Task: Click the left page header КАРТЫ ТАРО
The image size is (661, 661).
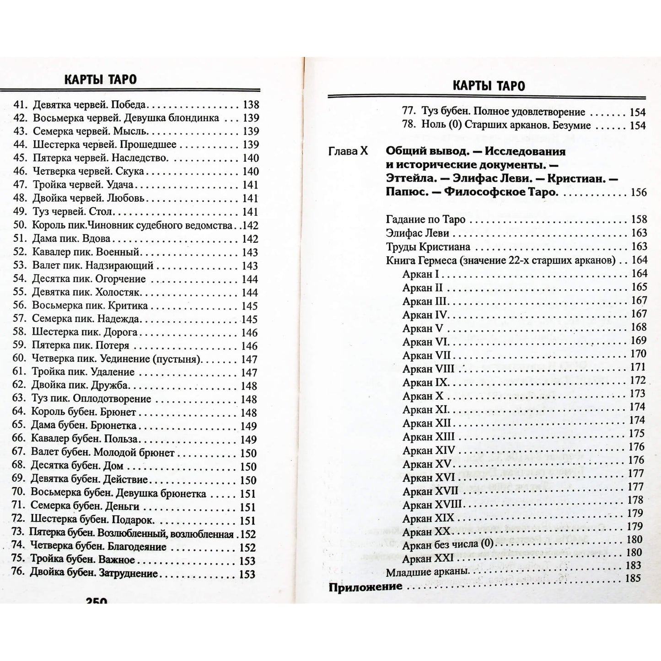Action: click(100, 80)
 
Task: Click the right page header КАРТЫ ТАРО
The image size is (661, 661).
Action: click(489, 86)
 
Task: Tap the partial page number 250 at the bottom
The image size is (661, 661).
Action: click(97, 601)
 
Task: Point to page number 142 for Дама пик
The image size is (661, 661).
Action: click(250, 239)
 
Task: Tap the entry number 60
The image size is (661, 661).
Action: click(19, 359)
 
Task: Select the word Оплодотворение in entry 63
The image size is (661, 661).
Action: click(112, 399)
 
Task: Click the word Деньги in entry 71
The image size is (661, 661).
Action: click(122, 506)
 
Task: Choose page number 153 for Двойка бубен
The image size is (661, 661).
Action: click(247, 574)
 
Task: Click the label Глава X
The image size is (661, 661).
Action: click(348, 151)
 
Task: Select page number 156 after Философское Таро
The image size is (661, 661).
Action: click(639, 192)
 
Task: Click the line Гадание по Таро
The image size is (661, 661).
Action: click(425, 220)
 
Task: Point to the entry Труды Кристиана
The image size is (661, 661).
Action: click(428, 247)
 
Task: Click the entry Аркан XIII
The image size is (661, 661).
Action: click(429, 437)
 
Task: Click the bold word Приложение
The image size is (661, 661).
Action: click(365, 586)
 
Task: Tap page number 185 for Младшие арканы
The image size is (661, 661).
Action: click(633, 578)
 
